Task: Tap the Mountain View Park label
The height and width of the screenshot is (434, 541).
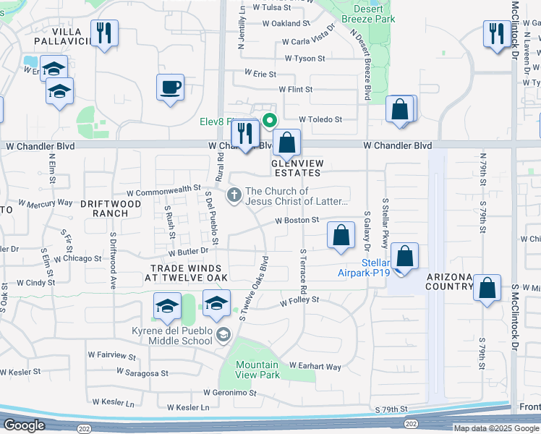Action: point(257,370)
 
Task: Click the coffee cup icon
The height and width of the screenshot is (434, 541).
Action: point(171,88)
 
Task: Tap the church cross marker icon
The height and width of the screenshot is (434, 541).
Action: point(234,195)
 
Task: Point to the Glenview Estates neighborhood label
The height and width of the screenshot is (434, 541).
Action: point(295,168)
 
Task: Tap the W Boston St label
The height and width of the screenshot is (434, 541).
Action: point(297,220)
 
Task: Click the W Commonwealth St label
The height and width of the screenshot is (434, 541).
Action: point(163,190)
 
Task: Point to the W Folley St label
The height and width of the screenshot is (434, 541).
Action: point(299,298)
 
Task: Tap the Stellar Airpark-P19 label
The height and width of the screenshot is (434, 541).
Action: point(365,268)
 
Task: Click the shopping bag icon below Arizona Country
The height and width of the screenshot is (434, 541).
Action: point(487,287)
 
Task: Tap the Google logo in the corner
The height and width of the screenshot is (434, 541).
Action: point(24,425)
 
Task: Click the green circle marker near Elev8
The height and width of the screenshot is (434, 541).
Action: point(270,121)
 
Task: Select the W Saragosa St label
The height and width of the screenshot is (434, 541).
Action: point(143,374)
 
